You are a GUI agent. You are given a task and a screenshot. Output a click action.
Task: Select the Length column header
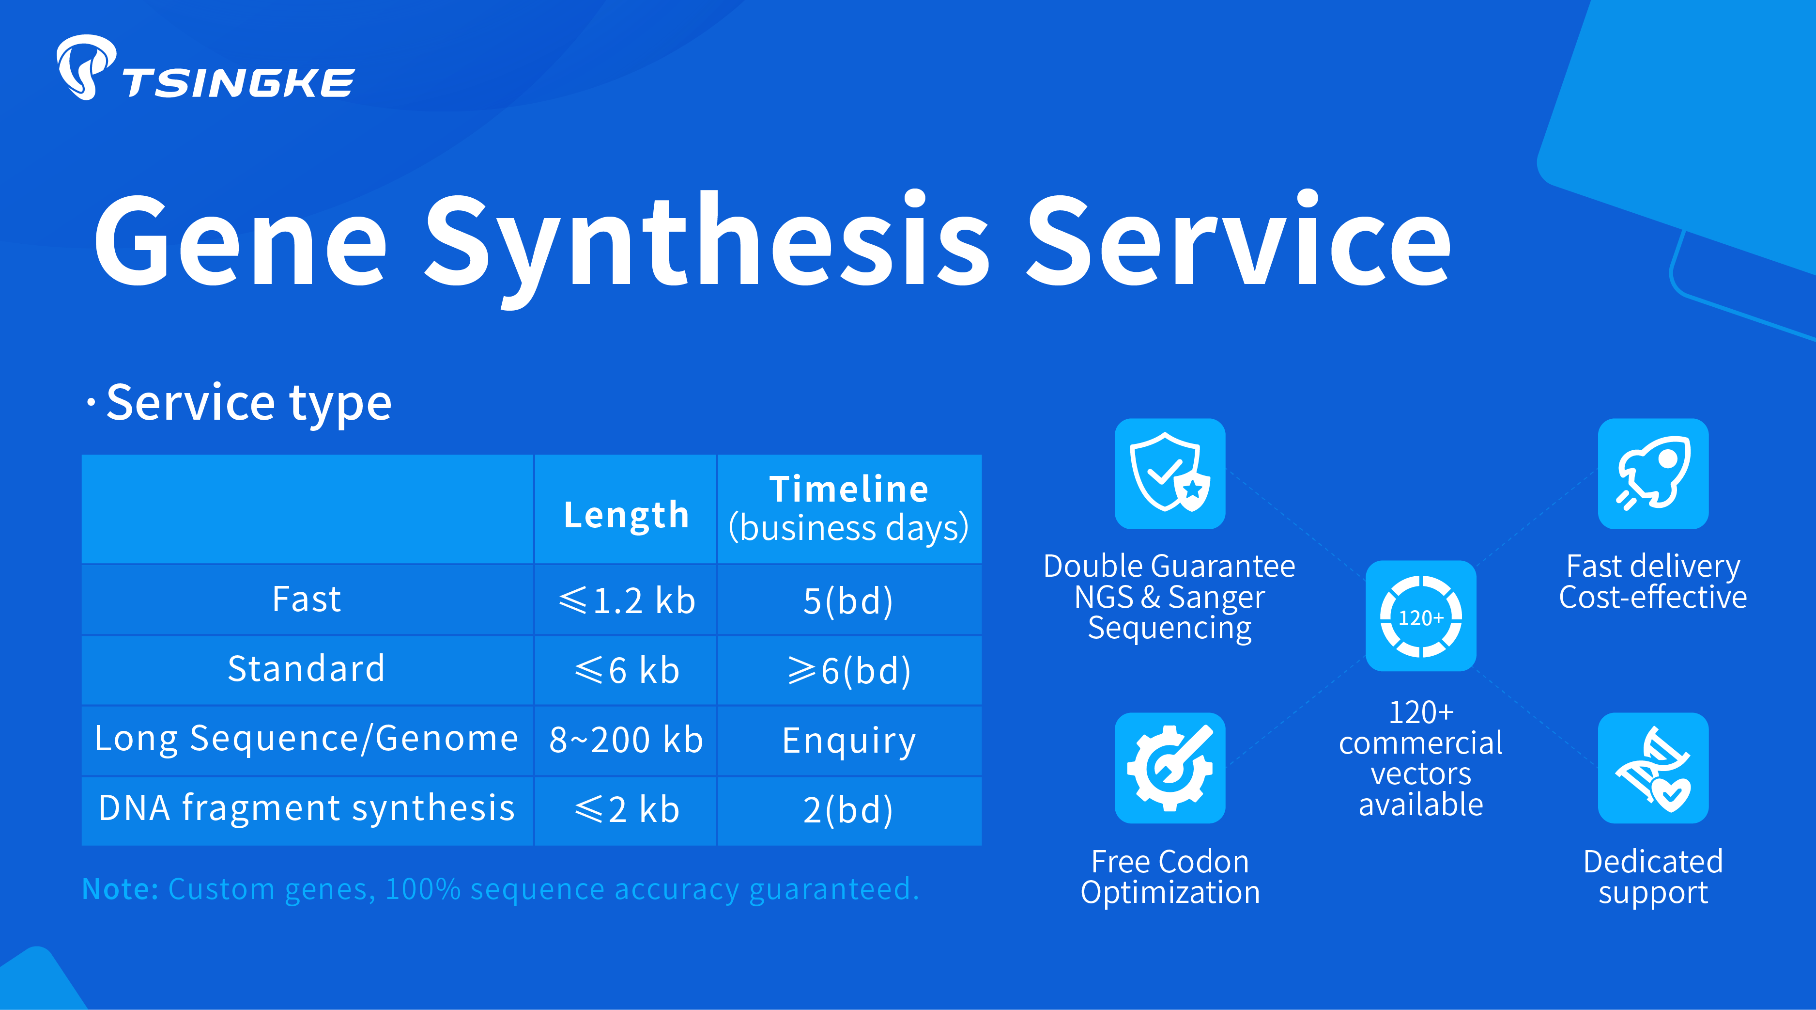click(626, 514)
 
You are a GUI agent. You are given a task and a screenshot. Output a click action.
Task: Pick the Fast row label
click(307, 599)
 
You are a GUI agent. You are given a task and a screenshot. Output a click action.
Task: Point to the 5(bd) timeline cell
click(848, 601)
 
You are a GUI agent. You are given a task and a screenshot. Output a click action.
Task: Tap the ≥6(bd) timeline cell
click(849, 670)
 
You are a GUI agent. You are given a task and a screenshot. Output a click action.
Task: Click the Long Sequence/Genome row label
click(307, 739)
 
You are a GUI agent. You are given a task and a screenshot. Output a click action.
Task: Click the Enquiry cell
click(849, 741)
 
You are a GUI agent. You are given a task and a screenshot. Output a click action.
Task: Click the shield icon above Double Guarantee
click(1170, 473)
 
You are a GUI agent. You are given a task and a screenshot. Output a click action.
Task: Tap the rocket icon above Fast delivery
click(1653, 473)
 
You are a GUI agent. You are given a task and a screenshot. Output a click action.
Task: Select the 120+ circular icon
click(1420, 615)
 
